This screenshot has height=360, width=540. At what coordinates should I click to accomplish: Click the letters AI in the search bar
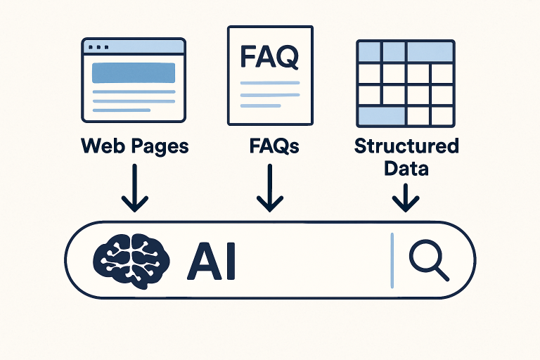point(212,260)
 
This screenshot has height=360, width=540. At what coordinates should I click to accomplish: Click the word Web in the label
point(101,146)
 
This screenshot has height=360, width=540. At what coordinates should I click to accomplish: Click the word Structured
point(406,146)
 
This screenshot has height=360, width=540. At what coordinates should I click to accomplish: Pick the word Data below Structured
point(406,169)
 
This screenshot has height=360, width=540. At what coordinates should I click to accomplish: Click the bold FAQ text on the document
point(269,57)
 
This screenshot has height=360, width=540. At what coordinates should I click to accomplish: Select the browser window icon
point(134,79)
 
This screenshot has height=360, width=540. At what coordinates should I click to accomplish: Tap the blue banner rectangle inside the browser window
point(134,73)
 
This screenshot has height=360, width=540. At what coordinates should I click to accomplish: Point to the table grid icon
point(405,83)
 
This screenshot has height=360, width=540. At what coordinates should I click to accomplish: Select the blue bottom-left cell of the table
point(381,115)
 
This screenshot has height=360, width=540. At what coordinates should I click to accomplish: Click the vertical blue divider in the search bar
point(392,259)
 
